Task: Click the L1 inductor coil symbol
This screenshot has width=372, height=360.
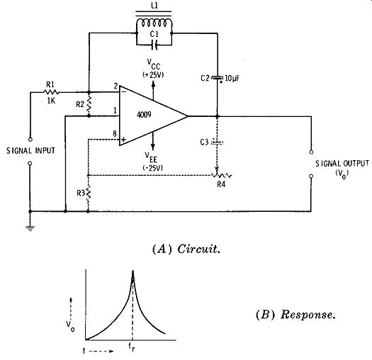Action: click(154, 23)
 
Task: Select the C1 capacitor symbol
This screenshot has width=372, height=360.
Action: click(154, 45)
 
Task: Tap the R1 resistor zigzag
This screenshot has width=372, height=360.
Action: click(51, 92)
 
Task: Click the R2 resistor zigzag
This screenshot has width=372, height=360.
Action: click(89, 104)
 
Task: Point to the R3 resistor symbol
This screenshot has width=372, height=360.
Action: click(89, 193)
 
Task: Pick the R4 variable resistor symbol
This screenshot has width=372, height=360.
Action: click(222, 174)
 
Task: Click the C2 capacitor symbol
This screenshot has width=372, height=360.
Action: click(217, 79)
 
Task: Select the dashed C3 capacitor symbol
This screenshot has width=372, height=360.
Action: click(217, 142)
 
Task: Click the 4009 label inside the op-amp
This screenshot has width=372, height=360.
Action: click(144, 115)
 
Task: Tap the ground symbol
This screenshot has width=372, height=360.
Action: click(30, 228)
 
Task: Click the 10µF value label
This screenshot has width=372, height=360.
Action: click(232, 78)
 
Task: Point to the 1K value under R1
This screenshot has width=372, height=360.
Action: click(51, 101)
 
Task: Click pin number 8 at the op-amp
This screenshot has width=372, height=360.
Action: click(115, 134)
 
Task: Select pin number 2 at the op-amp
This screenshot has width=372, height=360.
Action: click(115, 86)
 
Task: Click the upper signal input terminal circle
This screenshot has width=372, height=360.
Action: click(30, 140)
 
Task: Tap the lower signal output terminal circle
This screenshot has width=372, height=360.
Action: click(311, 176)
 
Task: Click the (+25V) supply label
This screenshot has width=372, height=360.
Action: click(153, 74)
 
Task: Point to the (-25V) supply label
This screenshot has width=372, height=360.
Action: click(153, 168)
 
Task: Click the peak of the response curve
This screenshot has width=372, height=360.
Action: click(133, 271)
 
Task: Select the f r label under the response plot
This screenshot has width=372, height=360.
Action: click(132, 347)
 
